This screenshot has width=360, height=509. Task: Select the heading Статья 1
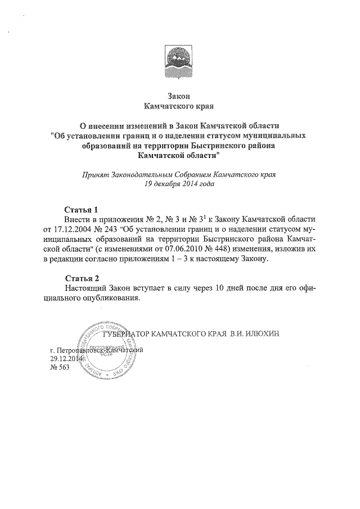click(82, 208)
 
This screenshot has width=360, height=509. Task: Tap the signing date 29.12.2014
click(66, 358)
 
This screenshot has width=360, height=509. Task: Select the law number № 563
click(59, 367)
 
